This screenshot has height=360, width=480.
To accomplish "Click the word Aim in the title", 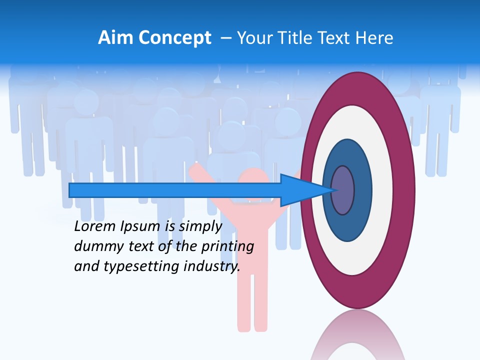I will [x=116, y=38].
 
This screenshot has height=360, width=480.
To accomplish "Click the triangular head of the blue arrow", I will [x=300, y=190].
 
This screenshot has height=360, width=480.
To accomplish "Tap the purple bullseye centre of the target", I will [x=343, y=190].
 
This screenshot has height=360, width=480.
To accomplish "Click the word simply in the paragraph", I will [x=200, y=226].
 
